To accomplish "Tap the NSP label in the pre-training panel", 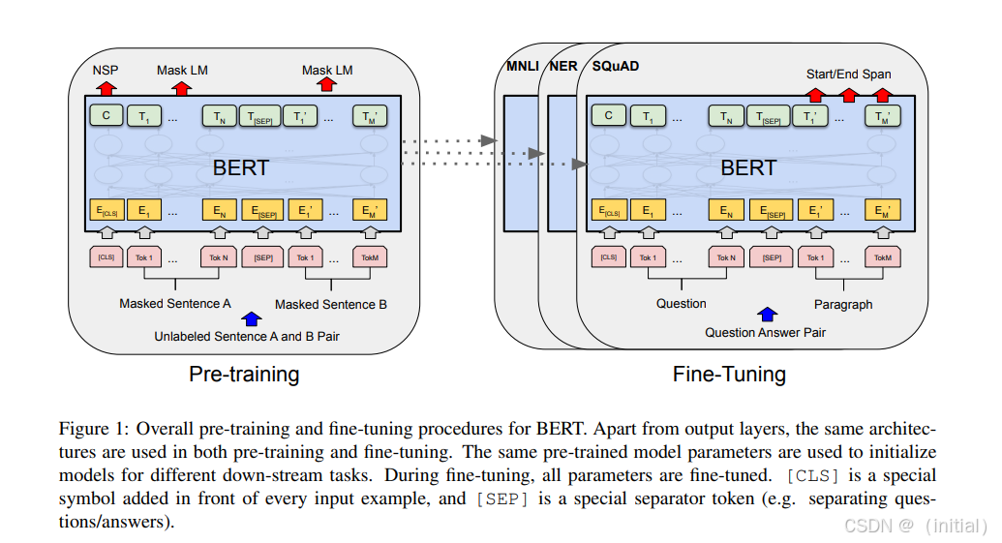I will (x=106, y=71).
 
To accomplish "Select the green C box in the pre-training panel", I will (x=106, y=116).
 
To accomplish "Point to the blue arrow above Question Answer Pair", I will (x=767, y=314).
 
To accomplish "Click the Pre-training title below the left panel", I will (x=244, y=374).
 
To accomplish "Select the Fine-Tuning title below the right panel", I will (x=729, y=374).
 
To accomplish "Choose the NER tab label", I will (x=563, y=66).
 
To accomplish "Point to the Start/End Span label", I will (x=848, y=74).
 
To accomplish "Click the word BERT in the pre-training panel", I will (x=241, y=167).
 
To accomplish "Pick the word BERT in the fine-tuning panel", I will (x=748, y=167).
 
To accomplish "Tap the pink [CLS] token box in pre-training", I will (x=106, y=256).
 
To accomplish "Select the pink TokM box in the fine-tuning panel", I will (x=882, y=256).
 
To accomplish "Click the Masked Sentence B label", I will (x=331, y=304).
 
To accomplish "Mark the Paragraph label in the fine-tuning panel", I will (x=842, y=304).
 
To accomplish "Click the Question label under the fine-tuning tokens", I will (x=682, y=303).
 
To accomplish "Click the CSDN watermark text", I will (x=867, y=526).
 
